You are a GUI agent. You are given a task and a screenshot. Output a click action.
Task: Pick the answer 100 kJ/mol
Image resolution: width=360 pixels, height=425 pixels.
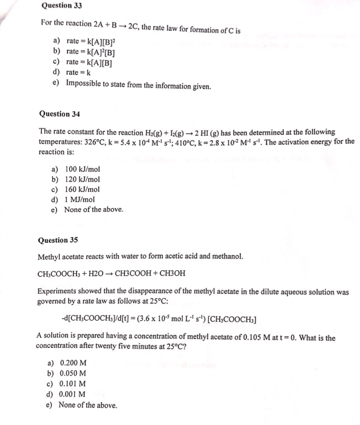tap(82, 169)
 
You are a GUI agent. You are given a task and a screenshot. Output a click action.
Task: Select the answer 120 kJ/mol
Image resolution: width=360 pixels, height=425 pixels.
tap(82, 179)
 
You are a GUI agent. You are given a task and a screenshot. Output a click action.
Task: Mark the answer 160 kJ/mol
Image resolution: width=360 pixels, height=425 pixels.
tap(82, 189)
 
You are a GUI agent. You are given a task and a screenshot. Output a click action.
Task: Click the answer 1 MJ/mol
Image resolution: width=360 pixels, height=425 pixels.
tap(80, 199)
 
